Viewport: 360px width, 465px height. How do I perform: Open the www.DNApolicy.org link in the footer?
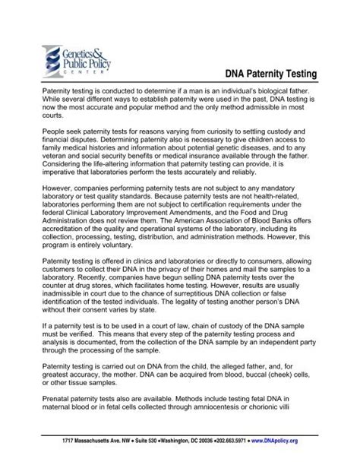[x=308, y=440]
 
